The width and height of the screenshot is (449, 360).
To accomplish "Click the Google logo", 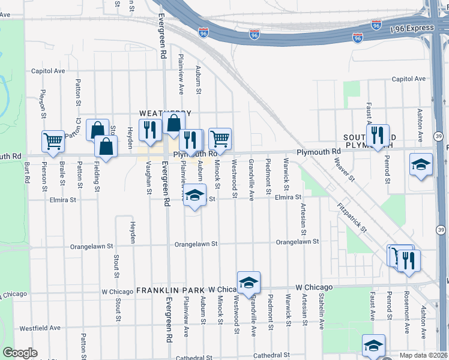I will (20, 353).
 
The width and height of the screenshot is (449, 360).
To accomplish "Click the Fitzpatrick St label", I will (354, 215).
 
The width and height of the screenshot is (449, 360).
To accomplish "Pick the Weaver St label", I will (345, 170).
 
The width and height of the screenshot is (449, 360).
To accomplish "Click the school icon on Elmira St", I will (194, 195).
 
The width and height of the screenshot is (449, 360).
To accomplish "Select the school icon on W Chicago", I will (249, 281).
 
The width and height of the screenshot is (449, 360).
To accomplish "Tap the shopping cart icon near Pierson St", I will (53, 141).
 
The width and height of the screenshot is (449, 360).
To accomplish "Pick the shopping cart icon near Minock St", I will (220, 139).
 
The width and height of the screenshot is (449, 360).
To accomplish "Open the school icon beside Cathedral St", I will (373, 345).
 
